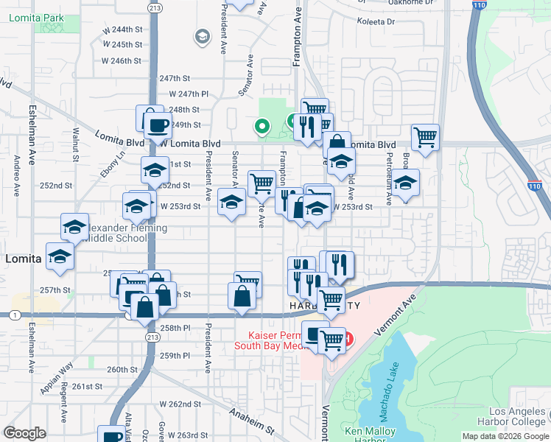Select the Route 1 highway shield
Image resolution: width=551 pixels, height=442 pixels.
click(x=15, y=315)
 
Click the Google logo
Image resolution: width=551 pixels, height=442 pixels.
click(x=24, y=433)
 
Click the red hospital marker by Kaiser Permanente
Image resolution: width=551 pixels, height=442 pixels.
click(x=348, y=340)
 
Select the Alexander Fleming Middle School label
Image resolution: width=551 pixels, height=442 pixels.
click(x=125, y=234)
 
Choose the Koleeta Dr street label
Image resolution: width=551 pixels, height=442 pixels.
click(x=376, y=22)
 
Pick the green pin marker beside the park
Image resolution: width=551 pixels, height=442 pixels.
click(x=261, y=126)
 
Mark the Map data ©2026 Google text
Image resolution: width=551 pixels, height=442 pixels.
click(x=505, y=436)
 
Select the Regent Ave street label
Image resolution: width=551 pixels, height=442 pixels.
click(x=65, y=413)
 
